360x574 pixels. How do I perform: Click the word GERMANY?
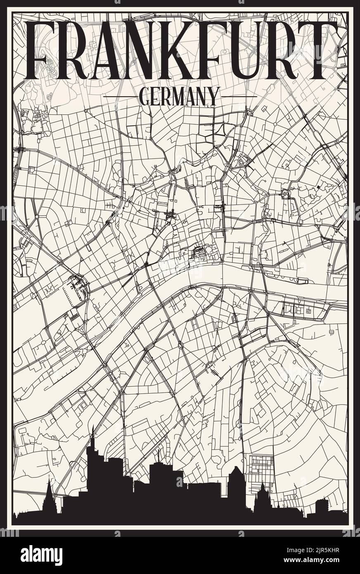179,97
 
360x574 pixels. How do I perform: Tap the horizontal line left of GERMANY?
120,97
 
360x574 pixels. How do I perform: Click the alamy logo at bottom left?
36,555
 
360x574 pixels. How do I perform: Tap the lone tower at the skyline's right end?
322,506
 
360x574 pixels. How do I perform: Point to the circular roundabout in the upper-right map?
285,193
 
